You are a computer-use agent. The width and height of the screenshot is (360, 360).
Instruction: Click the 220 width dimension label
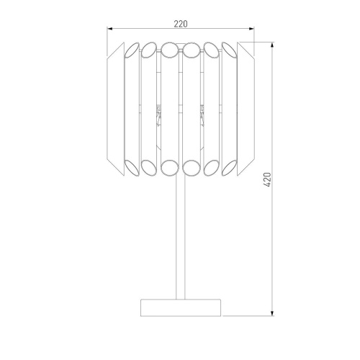point(180,24)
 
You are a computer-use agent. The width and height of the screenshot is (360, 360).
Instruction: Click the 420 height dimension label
point(266,179)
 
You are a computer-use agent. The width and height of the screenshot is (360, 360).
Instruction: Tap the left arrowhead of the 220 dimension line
point(110,30)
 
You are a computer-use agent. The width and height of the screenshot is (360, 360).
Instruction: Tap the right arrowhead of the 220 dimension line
point(252,30)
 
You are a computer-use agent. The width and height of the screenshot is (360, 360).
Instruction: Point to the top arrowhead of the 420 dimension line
point(273,44)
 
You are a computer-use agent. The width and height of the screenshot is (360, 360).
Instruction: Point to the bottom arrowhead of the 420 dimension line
point(273,312)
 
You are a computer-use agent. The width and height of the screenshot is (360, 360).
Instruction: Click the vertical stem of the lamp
point(181,238)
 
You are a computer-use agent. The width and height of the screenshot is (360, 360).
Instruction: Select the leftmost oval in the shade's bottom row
point(131,168)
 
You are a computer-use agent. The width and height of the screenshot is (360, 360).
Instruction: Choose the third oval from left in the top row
point(169,50)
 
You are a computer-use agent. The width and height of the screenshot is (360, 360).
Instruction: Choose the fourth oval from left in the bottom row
point(192,168)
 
